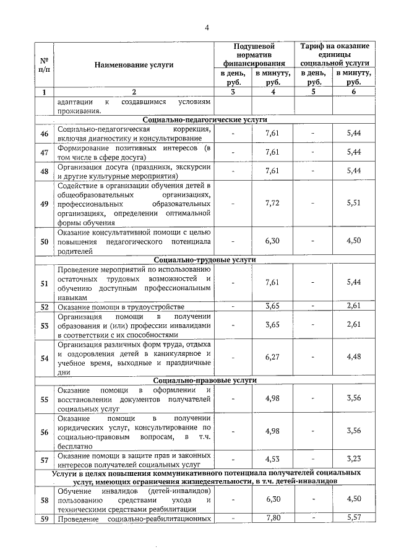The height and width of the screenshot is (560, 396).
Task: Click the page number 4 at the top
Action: (x=207, y=27)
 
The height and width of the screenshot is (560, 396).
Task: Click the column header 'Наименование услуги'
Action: (x=134, y=64)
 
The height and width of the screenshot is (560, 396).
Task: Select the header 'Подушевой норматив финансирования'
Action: (x=254, y=54)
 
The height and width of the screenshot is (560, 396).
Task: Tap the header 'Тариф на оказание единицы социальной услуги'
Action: (x=334, y=54)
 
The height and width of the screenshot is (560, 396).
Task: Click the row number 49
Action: (x=44, y=204)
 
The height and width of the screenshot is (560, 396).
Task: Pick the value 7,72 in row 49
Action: (x=273, y=203)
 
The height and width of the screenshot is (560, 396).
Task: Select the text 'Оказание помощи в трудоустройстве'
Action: (x=121, y=307)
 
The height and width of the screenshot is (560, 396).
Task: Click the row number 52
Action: (x=44, y=307)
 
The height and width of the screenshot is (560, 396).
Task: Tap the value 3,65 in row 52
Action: (x=273, y=306)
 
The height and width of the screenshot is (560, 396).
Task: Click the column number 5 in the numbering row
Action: (x=313, y=92)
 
